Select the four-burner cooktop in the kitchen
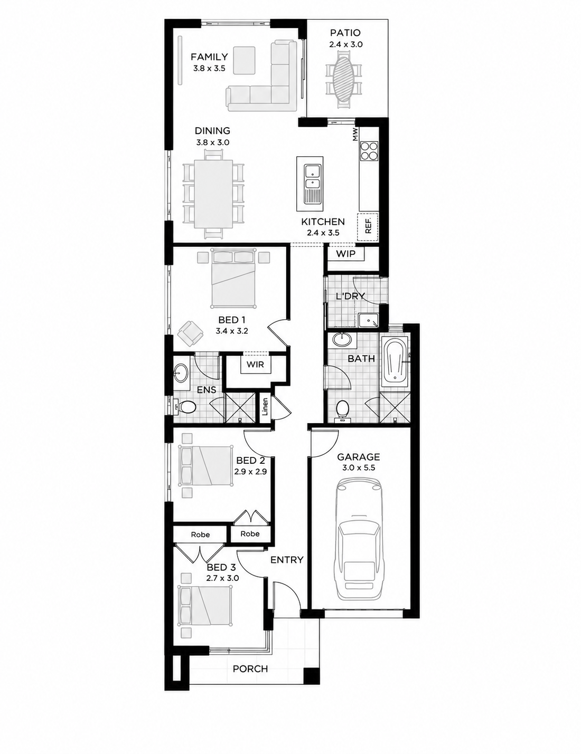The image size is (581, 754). point(369,151)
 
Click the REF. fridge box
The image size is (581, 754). point(368,227)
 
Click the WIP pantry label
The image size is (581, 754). point(345,254)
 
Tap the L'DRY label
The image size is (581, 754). point(350,296)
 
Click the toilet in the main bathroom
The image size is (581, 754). point(342,410)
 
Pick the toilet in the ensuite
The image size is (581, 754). point(185,407)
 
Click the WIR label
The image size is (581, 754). point(255,364)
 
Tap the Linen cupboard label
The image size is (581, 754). point(265,407)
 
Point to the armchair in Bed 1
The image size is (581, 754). point(190,333)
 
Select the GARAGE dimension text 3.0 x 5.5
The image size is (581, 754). point(359,468)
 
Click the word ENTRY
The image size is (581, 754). point(287,560)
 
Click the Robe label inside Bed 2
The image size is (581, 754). point(250,534)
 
